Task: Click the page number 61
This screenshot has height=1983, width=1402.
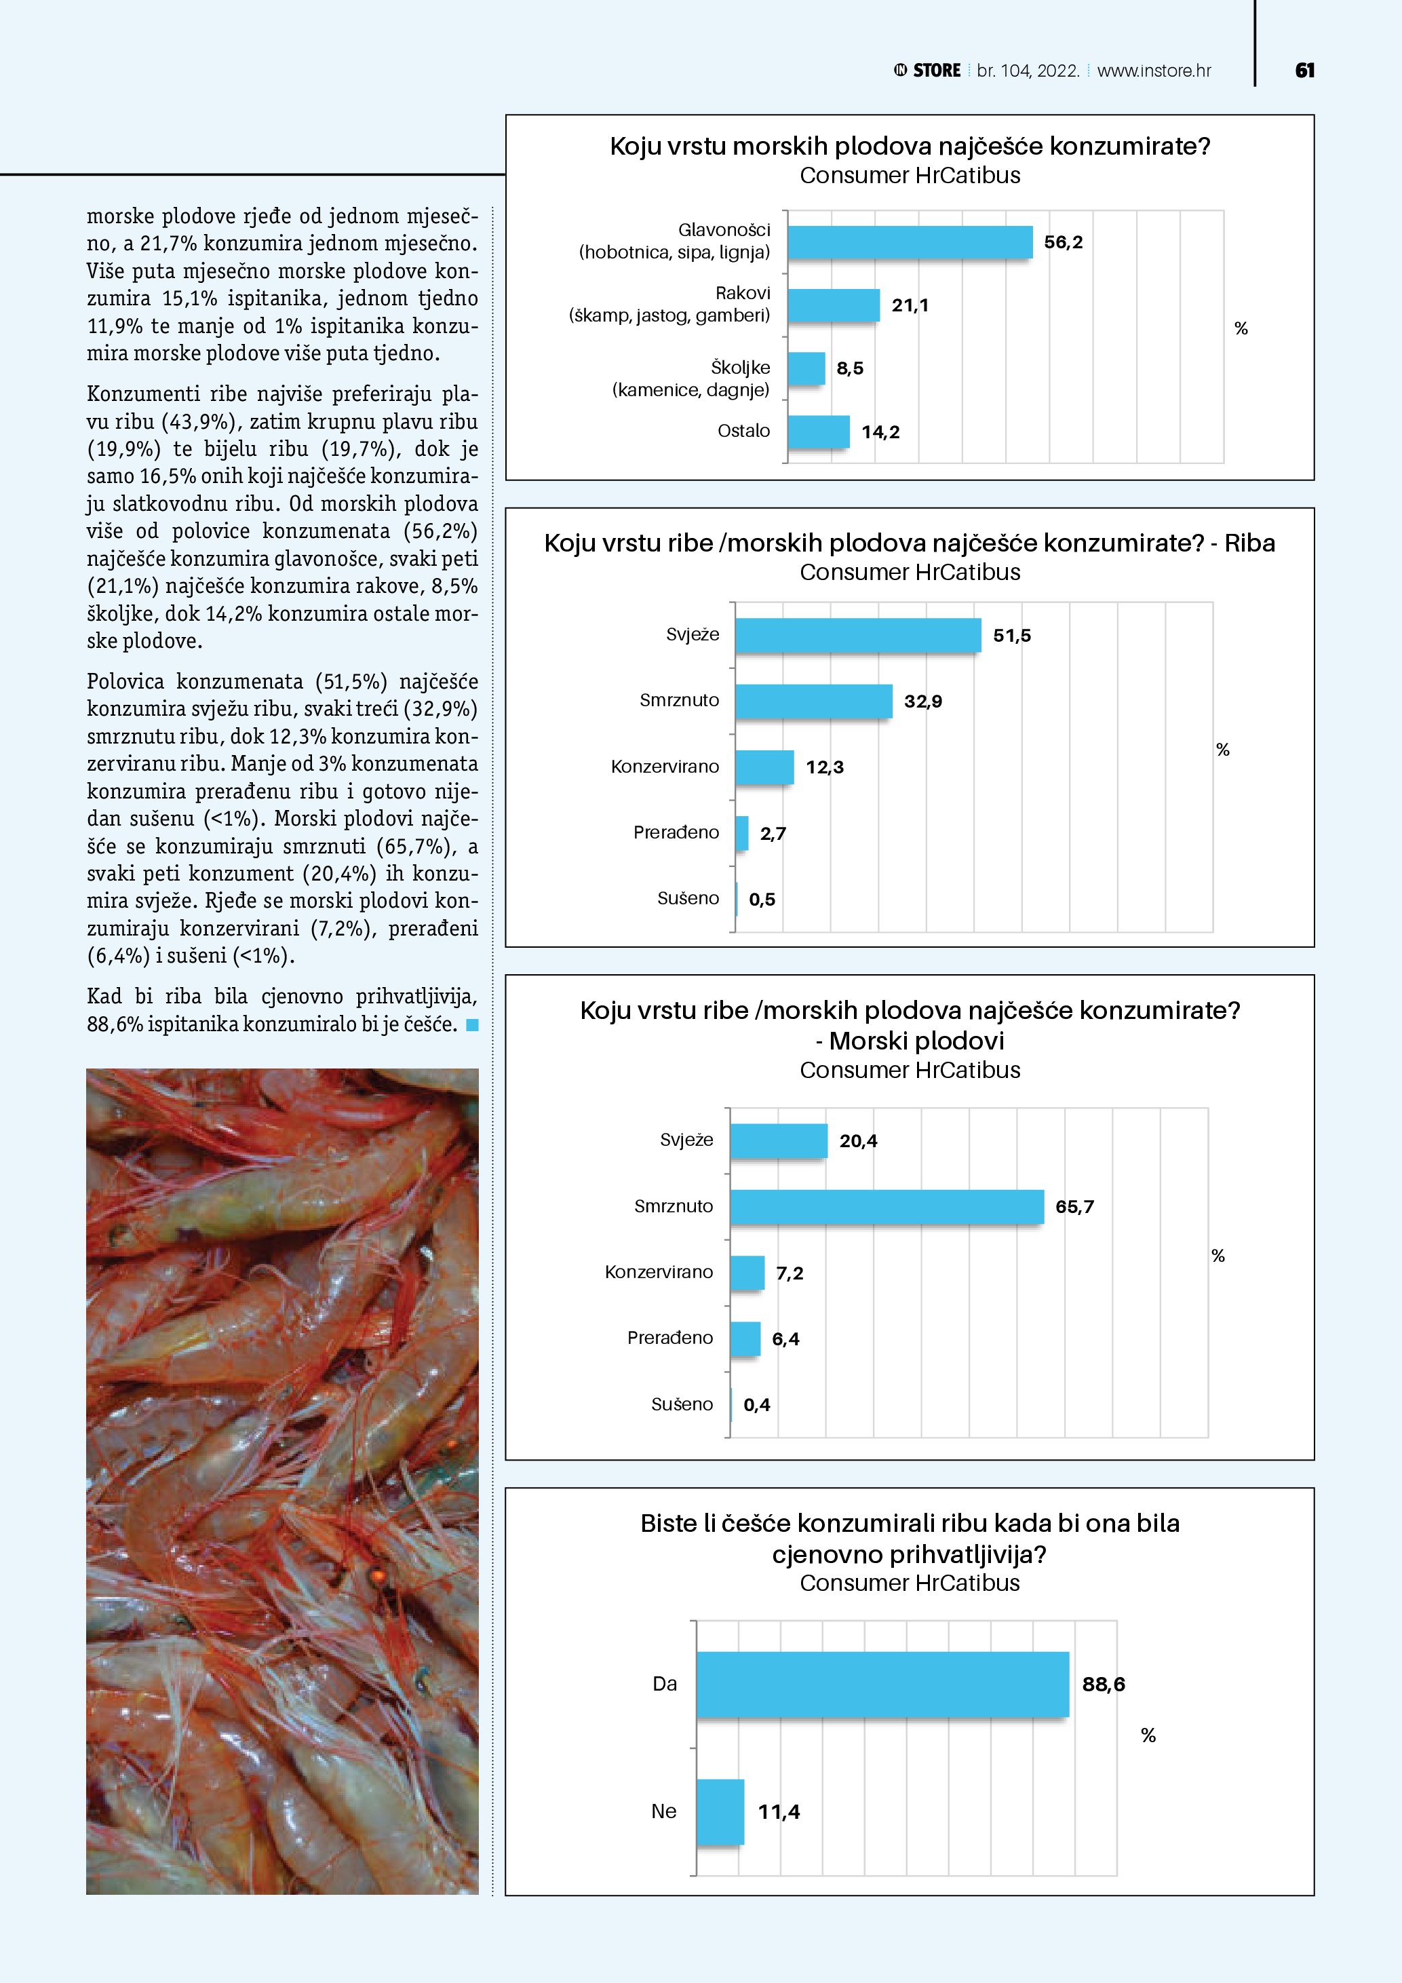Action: [1304, 71]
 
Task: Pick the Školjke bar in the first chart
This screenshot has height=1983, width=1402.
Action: [806, 368]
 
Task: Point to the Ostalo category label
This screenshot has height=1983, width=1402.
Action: [743, 430]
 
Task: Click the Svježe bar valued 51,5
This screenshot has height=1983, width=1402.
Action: [857, 635]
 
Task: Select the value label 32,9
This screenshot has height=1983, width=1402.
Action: [923, 701]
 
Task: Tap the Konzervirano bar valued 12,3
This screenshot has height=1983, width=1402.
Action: [764, 767]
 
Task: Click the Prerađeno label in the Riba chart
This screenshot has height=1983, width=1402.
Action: [676, 832]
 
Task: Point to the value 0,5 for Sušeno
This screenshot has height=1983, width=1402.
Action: [762, 899]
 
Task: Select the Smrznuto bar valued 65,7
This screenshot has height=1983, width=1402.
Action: [887, 1206]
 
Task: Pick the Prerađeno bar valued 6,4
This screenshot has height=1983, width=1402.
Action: [745, 1339]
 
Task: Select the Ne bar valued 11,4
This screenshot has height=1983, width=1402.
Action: [720, 1811]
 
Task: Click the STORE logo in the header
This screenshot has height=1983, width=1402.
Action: [927, 71]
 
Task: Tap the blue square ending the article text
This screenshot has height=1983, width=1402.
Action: [471, 1025]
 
